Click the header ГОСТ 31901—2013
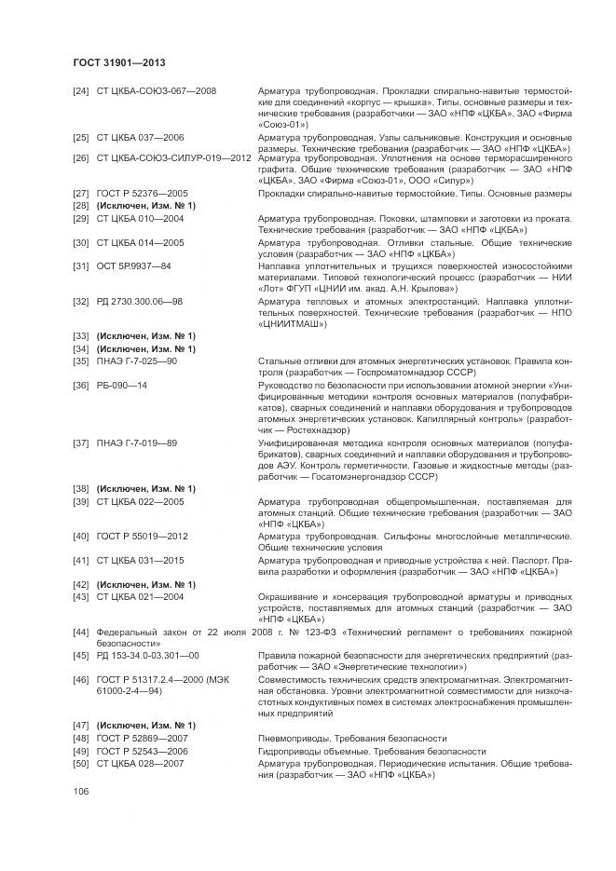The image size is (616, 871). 118,62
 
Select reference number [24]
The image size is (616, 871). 81,90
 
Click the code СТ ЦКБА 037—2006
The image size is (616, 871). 141,137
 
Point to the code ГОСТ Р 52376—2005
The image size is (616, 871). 143,193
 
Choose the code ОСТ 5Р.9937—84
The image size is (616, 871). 134,266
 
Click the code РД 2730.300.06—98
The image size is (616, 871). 140,302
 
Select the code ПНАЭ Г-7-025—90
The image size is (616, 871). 137,361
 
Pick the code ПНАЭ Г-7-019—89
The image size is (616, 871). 137,442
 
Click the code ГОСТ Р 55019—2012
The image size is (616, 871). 143,537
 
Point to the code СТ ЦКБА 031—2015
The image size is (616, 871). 141,560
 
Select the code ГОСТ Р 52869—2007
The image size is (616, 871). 143,738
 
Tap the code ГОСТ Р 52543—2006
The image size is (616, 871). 143,750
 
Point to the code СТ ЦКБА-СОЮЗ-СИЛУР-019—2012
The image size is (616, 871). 174,157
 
